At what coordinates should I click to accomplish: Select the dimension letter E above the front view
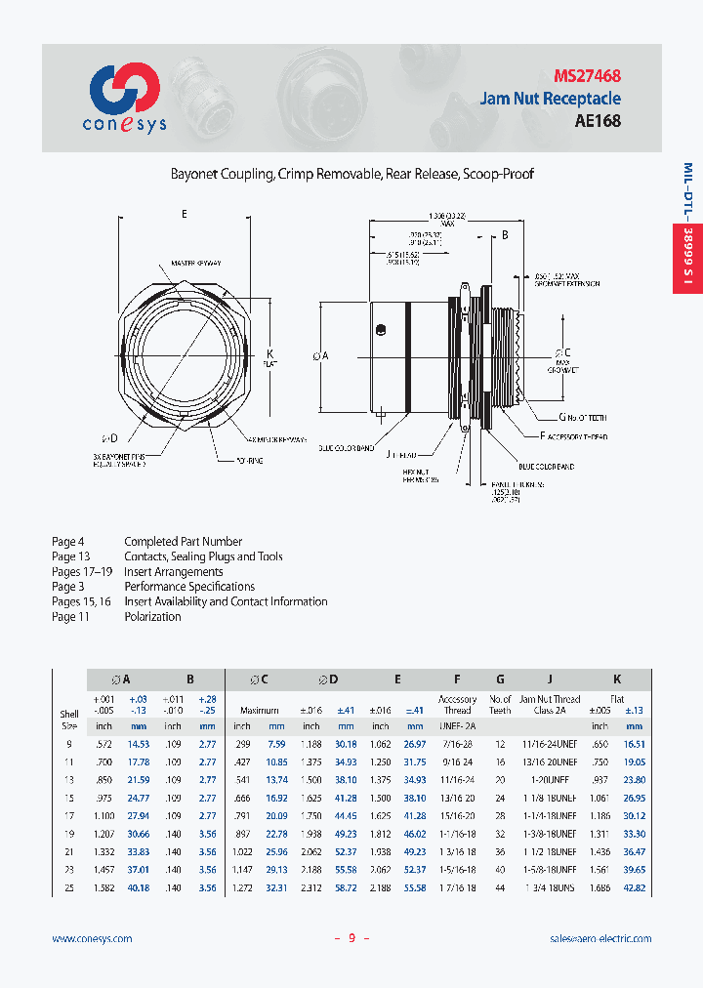pyautogui.click(x=184, y=213)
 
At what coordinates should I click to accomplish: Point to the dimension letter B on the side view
pyautogui.click(x=505, y=235)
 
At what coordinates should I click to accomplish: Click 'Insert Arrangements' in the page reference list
pyautogui.click(x=174, y=572)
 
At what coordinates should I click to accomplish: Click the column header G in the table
pyautogui.click(x=500, y=679)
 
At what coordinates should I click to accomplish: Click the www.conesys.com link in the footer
pyautogui.click(x=92, y=938)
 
